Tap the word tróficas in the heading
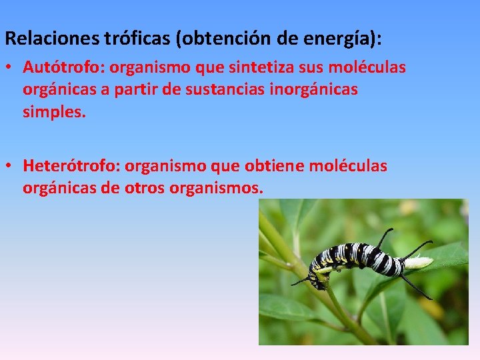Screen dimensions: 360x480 pyautogui.click(x=137, y=39)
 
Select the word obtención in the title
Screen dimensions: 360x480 pyautogui.click(x=225, y=39)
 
